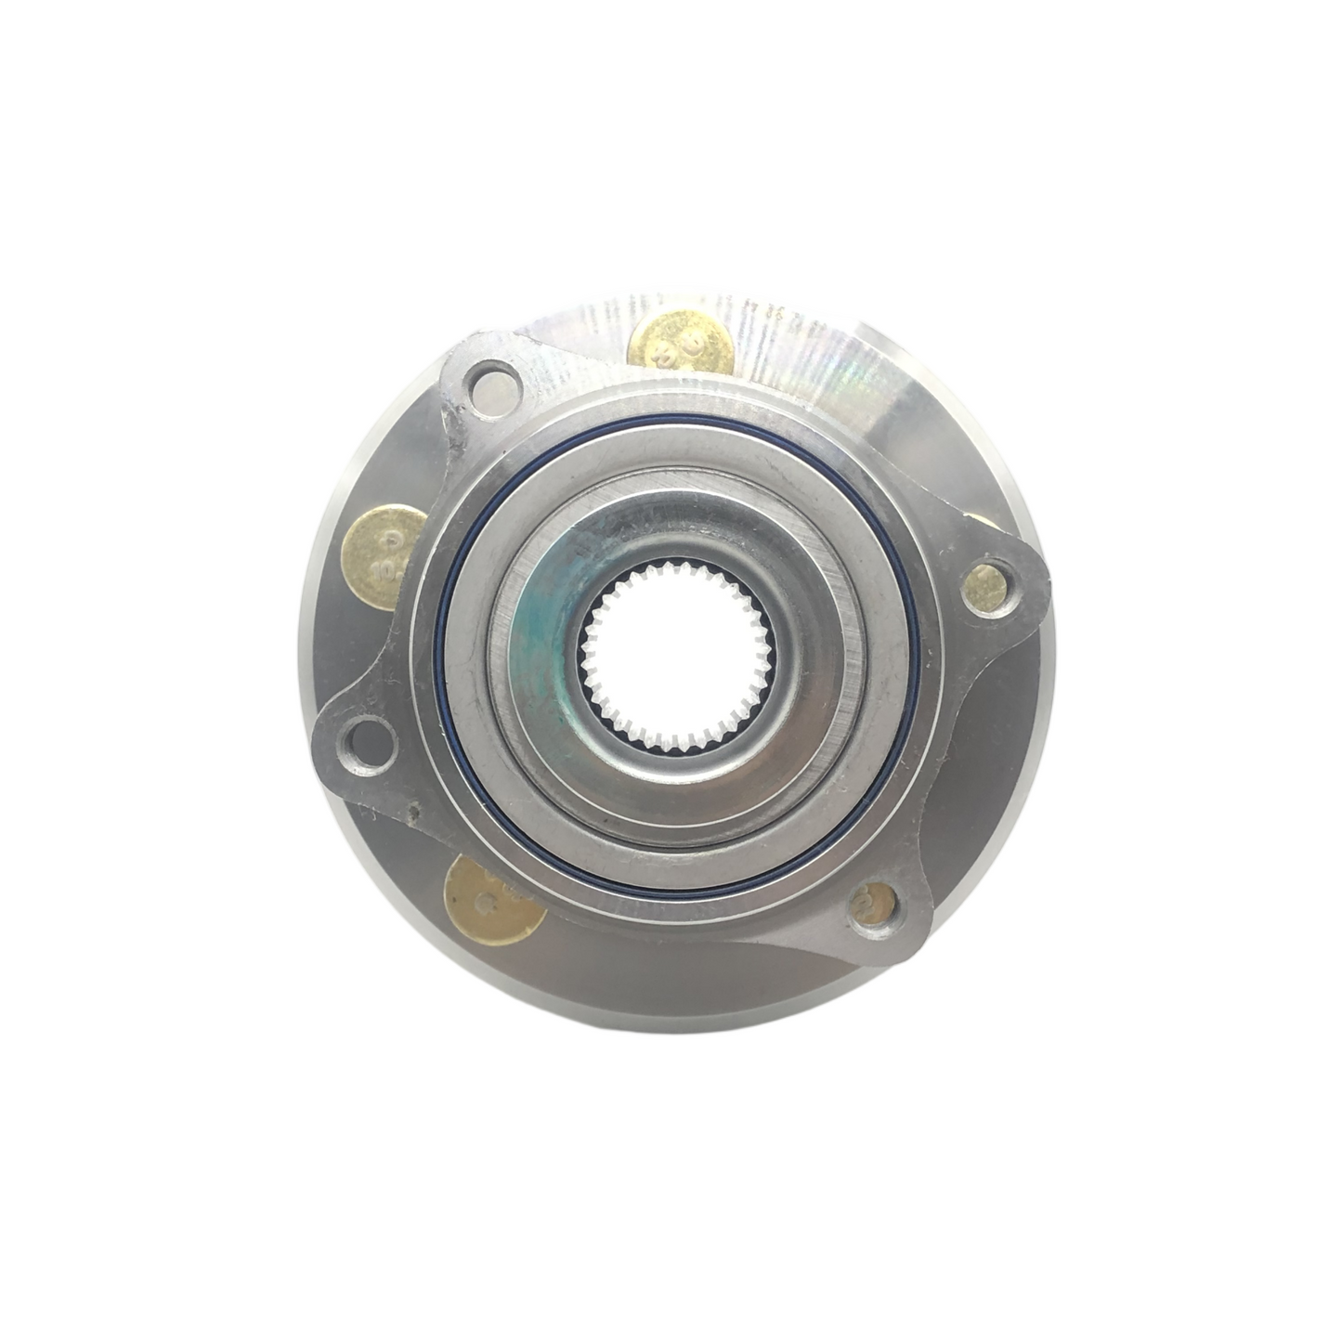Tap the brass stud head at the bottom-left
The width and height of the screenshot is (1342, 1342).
point(489,897)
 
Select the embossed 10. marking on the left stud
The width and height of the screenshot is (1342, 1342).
point(379,561)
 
